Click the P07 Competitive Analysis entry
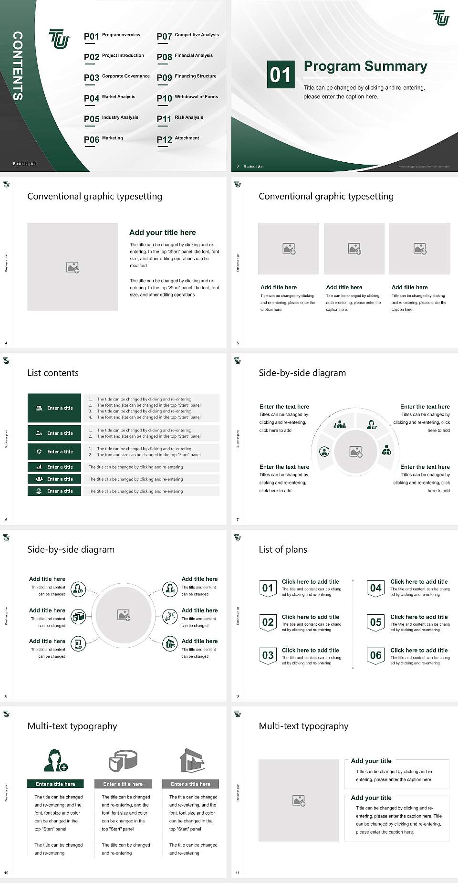pos(187,36)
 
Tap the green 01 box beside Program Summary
pos(280,74)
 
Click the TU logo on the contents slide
pos(59,39)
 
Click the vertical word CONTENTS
pos(18,66)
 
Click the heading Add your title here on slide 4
pos(162,232)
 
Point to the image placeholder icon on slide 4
pos(73,267)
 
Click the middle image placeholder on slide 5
pos(354,249)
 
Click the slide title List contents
pos(53,373)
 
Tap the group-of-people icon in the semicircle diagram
pos(340,424)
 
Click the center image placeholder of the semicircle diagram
pos(356,452)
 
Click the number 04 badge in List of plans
pos(376,589)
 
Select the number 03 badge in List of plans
pos(268,656)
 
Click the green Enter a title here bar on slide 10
pos(55,784)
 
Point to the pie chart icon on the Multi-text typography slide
pos(123,761)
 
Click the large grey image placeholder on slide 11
pos(299,800)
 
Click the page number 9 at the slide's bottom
pos(238,696)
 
